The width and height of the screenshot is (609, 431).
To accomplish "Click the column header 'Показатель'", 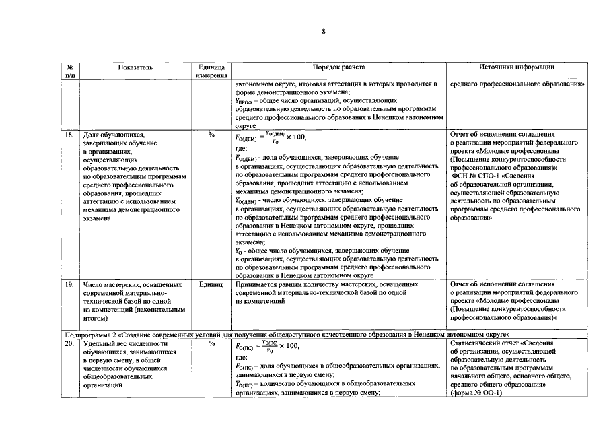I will pyautogui.click(x=135, y=67).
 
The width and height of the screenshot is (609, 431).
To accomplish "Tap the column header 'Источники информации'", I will pyautogui.click(x=516, y=67).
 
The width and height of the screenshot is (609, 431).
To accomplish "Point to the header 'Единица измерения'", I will pyautogui.click(x=211, y=71).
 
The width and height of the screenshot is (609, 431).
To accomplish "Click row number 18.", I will pyautogui.click(x=69, y=135).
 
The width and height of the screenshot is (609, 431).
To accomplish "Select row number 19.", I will pyautogui.click(x=69, y=285).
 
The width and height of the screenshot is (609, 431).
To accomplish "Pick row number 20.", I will pyautogui.click(x=69, y=343).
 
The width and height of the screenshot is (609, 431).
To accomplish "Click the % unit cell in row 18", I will pyautogui.click(x=211, y=135).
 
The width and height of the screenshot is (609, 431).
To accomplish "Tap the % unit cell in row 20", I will pyautogui.click(x=211, y=343).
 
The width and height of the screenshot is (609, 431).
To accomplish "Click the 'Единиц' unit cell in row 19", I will pyautogui.click(x=211, y=285).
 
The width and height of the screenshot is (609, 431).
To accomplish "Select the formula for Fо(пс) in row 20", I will pyautogui.click(x=266, y=346).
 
